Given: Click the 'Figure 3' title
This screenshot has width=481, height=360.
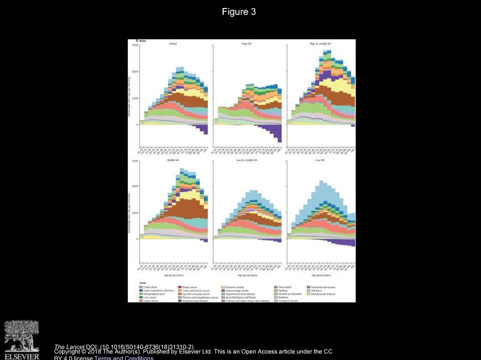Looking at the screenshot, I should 239,12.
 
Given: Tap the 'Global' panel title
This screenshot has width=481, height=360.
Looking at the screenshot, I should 173,44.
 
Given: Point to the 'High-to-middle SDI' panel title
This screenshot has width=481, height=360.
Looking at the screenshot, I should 321,44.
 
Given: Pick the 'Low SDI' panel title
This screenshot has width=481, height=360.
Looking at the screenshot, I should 321,160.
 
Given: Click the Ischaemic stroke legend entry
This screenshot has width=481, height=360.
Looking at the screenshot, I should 234,287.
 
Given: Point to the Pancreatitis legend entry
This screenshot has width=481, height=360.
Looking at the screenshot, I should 285,287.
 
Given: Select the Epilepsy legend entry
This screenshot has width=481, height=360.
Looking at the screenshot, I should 283,291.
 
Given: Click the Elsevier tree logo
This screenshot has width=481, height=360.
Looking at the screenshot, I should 22,335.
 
